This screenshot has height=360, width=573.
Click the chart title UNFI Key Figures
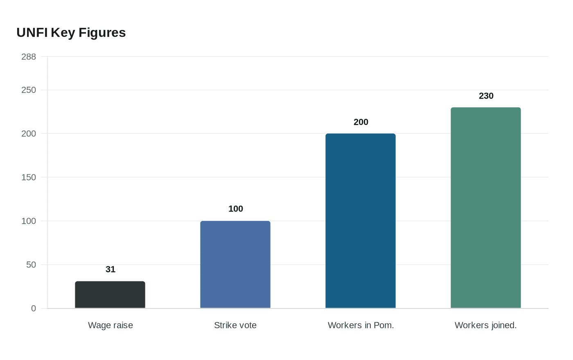tap(71, 32)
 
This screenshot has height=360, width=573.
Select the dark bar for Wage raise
tap(110, 295)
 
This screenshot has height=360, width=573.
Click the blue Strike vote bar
tap(235, 264)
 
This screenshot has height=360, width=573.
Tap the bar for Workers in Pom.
tap(361, 221)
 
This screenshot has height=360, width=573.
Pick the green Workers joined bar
tap(486, 208)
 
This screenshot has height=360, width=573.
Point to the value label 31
tap(111, 269)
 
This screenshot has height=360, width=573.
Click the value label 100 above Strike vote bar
tap(236, 209)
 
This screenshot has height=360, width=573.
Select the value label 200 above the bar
tap(361, 122)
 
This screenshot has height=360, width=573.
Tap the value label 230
tap(486, 96)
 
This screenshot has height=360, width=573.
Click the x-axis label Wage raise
tap(111, 325)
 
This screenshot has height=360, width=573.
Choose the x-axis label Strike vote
tap(235, 325)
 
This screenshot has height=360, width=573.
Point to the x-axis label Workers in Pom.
tap(361, 325)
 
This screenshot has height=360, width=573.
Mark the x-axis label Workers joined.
tap(486, 325)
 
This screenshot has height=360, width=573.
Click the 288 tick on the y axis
tap(29, 57)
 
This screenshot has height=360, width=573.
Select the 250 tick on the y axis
tap(29, 90)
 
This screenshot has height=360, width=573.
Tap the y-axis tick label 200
tap(29, 134)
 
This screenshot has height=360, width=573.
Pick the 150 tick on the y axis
tap(29, 177)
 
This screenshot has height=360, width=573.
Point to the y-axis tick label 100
tap(29, 221)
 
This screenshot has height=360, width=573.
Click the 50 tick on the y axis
tap(31, 265)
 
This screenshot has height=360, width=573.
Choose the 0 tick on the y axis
tap(34, 308)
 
